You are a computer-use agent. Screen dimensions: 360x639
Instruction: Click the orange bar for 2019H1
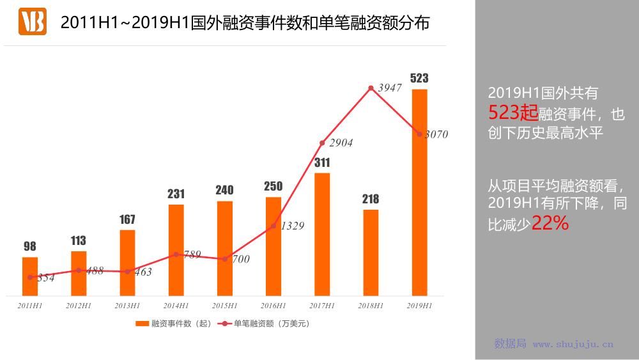[x=419, y=192]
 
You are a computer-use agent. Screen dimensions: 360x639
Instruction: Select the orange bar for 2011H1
[x=30, y=276]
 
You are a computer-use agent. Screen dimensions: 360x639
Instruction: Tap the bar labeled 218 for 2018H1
[x=371, y=253]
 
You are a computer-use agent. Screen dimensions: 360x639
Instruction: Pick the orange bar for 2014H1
[x=176, y=250]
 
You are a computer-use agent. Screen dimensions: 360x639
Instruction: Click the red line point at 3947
[x=371, y=88]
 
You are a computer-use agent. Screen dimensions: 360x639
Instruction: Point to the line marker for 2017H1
[x=322, y=143]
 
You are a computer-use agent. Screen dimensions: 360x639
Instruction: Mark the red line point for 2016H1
[x=273, y=225]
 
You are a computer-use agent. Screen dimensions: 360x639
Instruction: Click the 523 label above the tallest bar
[x=419, y=78]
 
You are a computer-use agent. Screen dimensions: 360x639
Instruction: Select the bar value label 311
[x=322, y=162]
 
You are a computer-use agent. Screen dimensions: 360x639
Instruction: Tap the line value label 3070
[x=436, y=134]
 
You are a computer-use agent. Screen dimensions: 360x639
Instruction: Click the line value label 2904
[x=341, y=143]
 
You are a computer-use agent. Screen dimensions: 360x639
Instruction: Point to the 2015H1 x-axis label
[x=225, y=306]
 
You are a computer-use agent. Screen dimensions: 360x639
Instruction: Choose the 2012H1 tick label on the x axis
[x=79, y=306]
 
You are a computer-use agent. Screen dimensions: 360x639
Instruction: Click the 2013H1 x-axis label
[x=127, y=306]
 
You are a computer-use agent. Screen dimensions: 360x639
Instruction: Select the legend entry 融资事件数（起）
[x=174, y=324]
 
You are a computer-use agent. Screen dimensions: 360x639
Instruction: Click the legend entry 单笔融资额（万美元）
[x=265, y=324]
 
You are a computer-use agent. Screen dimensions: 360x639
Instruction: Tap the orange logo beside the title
[x=33, y=22]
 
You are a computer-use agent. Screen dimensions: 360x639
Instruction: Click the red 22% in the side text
[x=550, y=223]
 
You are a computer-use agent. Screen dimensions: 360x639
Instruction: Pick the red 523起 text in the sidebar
[x=513, y=113]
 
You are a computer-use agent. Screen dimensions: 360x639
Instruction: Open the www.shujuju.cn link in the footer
[x=573, y=344]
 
